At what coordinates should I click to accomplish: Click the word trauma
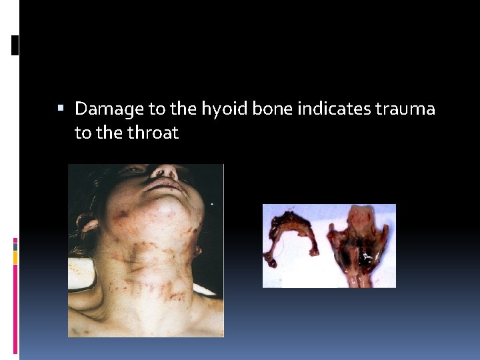405,109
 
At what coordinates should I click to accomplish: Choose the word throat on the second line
155,133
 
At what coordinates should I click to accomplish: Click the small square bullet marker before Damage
61,108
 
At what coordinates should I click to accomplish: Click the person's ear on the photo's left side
85,223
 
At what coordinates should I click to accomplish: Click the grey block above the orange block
15,246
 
